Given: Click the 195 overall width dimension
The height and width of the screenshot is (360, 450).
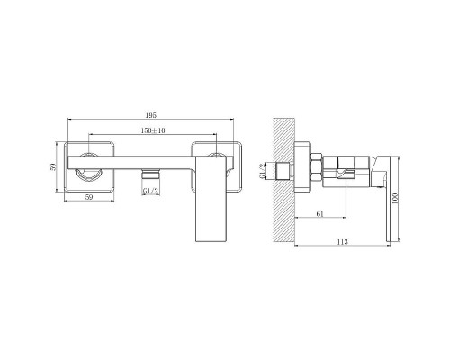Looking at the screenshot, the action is point(150,115).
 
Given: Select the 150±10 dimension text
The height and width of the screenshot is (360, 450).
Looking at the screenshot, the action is point(153,130).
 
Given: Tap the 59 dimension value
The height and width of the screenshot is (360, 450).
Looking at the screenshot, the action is point(89,197).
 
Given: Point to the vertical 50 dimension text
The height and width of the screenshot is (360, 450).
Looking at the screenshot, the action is point(53,166).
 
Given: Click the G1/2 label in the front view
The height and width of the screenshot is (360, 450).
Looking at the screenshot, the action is point(150,191).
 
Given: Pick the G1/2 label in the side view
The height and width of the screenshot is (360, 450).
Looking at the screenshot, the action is point(263,171).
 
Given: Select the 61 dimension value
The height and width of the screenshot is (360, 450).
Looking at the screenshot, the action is point(320,214).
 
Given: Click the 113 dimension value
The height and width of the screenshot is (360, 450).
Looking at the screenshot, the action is point(342,242).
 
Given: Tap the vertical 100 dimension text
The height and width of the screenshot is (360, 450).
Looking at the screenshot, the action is point(395,198).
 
